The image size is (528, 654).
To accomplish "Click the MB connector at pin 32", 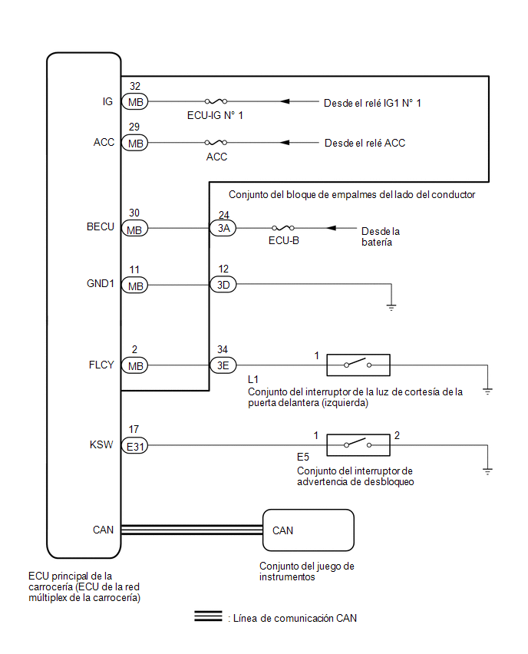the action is [135, 102].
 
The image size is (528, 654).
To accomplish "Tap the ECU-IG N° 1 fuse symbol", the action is [216, 101].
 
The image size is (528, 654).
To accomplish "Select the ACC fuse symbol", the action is [216, 142].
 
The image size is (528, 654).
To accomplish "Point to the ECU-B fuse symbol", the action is [282, 228].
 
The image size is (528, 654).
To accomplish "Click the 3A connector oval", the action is [223, 228].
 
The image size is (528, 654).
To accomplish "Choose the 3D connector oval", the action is [223, 285].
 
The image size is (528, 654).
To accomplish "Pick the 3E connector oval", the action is [223, 365].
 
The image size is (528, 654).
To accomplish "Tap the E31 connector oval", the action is [135, 446].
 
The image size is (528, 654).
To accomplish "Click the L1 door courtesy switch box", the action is [358, 365].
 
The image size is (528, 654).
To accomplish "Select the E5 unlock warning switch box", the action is [358, 445].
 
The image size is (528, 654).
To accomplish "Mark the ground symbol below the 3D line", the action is [391, 307].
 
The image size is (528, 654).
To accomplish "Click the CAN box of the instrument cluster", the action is [309, 530].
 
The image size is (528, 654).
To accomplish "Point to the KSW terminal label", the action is [101, 444].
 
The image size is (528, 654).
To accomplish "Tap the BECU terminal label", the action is [101, 226].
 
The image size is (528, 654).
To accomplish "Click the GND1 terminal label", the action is [101, 283].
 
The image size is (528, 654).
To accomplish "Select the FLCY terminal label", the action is [101, 365].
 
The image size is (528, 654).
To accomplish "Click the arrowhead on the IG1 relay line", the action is [285, 101].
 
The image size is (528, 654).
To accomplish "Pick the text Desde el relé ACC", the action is [365, 143].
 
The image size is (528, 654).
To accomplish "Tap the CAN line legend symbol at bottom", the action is [208, 616].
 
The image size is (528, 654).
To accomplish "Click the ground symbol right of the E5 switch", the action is [487, 471].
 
